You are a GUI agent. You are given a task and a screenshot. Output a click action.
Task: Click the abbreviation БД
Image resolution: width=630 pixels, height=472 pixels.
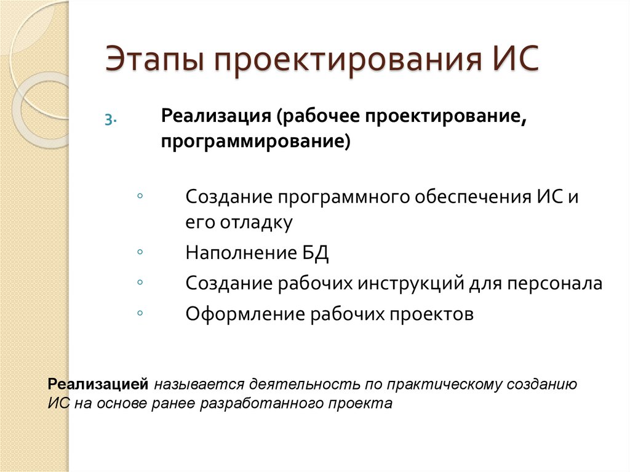click(314, 253)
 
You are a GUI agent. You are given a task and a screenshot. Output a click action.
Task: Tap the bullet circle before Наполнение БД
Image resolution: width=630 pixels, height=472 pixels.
click(141, 252)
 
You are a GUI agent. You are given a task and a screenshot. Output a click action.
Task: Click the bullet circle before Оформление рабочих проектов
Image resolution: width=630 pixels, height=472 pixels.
click(141, 313)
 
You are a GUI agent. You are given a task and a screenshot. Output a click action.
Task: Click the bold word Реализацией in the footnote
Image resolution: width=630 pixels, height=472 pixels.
click(99, 385)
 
